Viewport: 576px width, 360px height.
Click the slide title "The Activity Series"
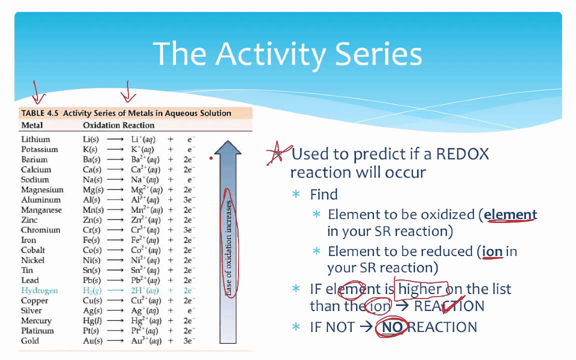[287, 53]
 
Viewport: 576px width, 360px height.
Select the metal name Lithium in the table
[35, 139]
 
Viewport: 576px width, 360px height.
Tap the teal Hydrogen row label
[39, 290]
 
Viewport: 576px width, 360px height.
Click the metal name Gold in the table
[30, 340]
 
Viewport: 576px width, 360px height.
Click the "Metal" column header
[32, 125]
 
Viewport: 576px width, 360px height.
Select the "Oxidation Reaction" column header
[118, 125]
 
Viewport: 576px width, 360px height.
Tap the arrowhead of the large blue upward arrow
[228, 145]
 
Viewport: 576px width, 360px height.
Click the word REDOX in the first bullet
[462, 154]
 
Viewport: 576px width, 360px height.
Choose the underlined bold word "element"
[510, 214]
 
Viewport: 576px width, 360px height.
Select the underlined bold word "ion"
[492, 251]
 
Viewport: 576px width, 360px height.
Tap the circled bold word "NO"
[392, 327]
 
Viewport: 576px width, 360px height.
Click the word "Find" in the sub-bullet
[323, 194]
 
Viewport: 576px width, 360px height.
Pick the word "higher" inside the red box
[420, 289]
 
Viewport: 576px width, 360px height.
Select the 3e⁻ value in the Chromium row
[188, 230]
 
